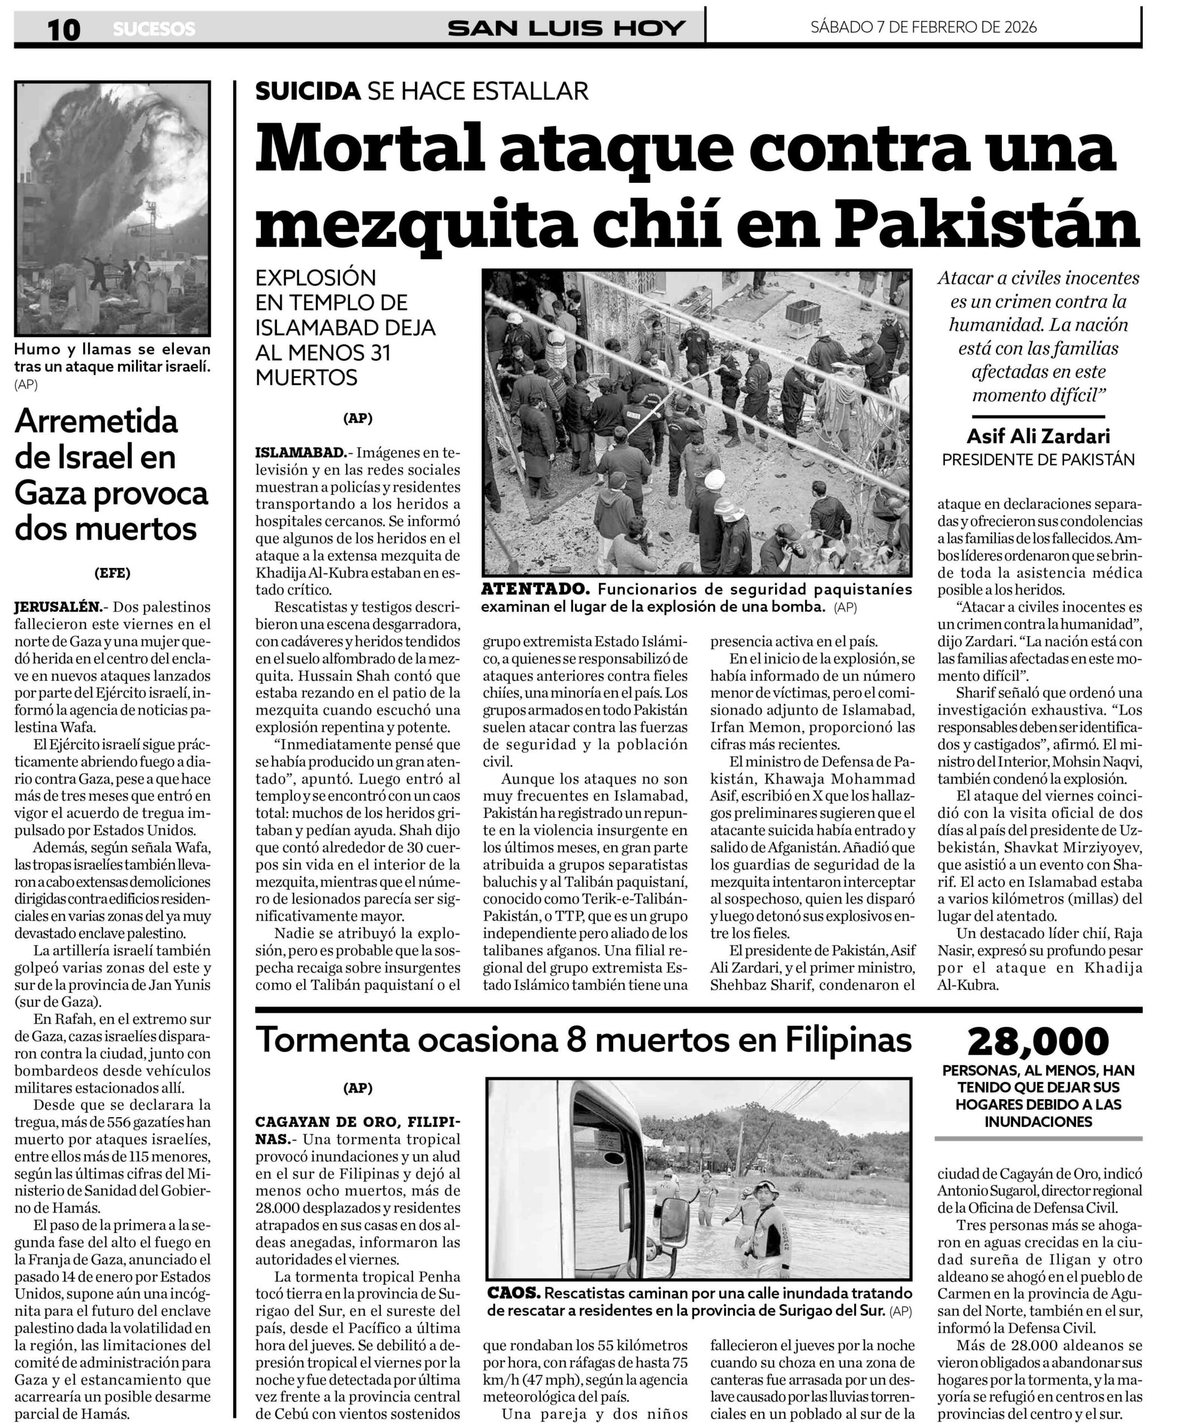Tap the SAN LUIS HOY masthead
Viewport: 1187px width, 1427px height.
pyautogui.click(x=566, y=28)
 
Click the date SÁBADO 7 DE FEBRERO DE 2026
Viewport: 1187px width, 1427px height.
pyautogui.click(x=923, y=27)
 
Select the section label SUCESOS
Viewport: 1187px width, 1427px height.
pyautogui.click(x=154, y=29)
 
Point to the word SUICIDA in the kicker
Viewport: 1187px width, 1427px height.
pyautogui.click(x=307, y=91)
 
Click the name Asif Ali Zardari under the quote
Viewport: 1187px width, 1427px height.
pyautogui.click(x=1038, y=436)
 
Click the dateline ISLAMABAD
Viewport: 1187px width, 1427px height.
pyautogui.click(x=299, y=453)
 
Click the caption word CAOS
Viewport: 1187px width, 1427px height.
pyautogui.click(x=514, y=1293)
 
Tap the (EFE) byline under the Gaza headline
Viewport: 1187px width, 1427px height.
pyautogui.click(x=112, y=573)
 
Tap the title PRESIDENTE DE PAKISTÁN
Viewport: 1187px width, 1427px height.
pyautogui.click(x=1038, y=460)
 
